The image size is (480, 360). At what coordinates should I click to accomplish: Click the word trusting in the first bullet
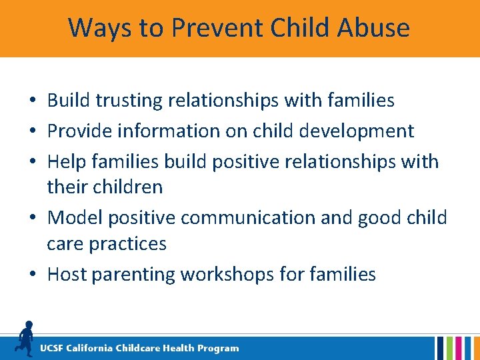tap(131, 101)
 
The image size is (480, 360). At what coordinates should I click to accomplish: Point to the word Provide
tap(81, 131)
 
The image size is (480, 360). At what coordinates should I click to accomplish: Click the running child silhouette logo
tap(25, 338)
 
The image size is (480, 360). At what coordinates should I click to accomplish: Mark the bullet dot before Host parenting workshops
tap(32, 275)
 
